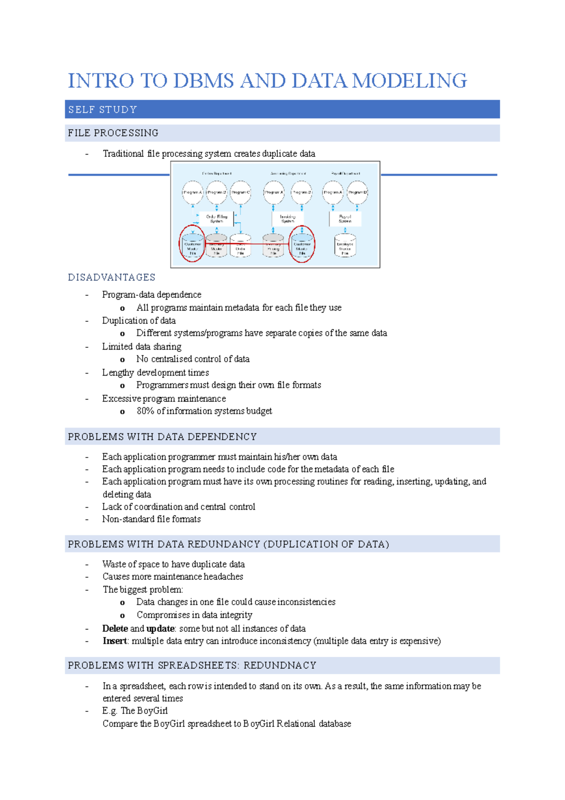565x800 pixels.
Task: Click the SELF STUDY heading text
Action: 103,110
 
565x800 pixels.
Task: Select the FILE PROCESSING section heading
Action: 113,133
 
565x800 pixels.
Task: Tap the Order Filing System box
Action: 217,219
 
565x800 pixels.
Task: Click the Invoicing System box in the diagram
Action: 288,219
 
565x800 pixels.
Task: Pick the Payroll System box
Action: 345,219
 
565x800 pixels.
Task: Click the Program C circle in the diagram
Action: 241,192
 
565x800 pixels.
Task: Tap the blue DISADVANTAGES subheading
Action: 112,278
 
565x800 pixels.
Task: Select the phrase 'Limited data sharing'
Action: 142,347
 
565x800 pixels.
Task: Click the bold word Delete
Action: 115,629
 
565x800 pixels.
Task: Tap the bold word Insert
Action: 115,641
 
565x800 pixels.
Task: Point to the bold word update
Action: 160,629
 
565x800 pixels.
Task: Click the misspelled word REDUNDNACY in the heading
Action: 280,666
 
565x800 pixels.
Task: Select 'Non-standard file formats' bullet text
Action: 152,519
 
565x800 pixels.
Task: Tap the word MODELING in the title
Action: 410,81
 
